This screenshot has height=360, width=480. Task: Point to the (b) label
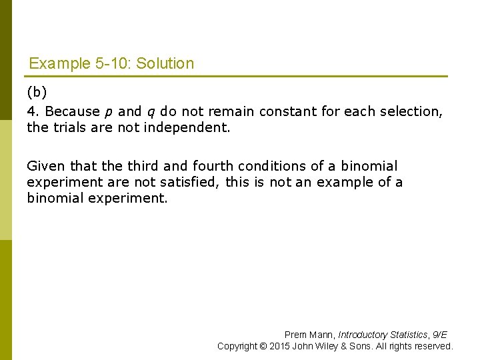(x=36, y=91)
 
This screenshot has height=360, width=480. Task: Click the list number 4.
(x=31, y=111)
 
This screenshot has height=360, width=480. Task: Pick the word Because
(x=72, y=111)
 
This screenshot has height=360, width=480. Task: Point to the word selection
(x=413, y=111)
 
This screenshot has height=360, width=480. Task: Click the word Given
(x=42, y=166)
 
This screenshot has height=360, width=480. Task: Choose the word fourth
(x=211, y=166)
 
